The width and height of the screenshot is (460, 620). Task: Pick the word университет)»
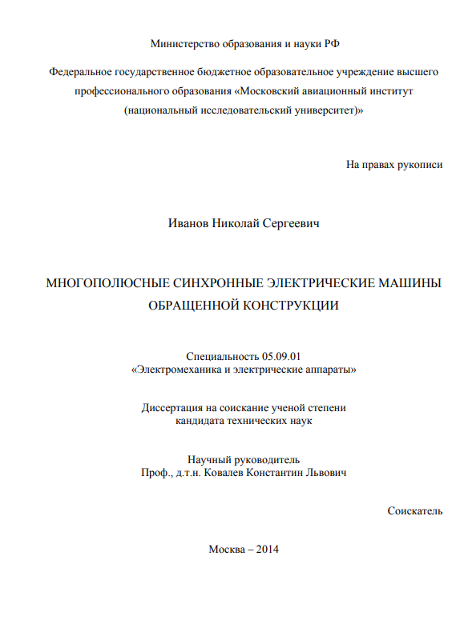(329, 112)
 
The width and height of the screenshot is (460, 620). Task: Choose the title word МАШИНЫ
(407, 283)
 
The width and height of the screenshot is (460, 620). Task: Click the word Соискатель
(414, 510)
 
